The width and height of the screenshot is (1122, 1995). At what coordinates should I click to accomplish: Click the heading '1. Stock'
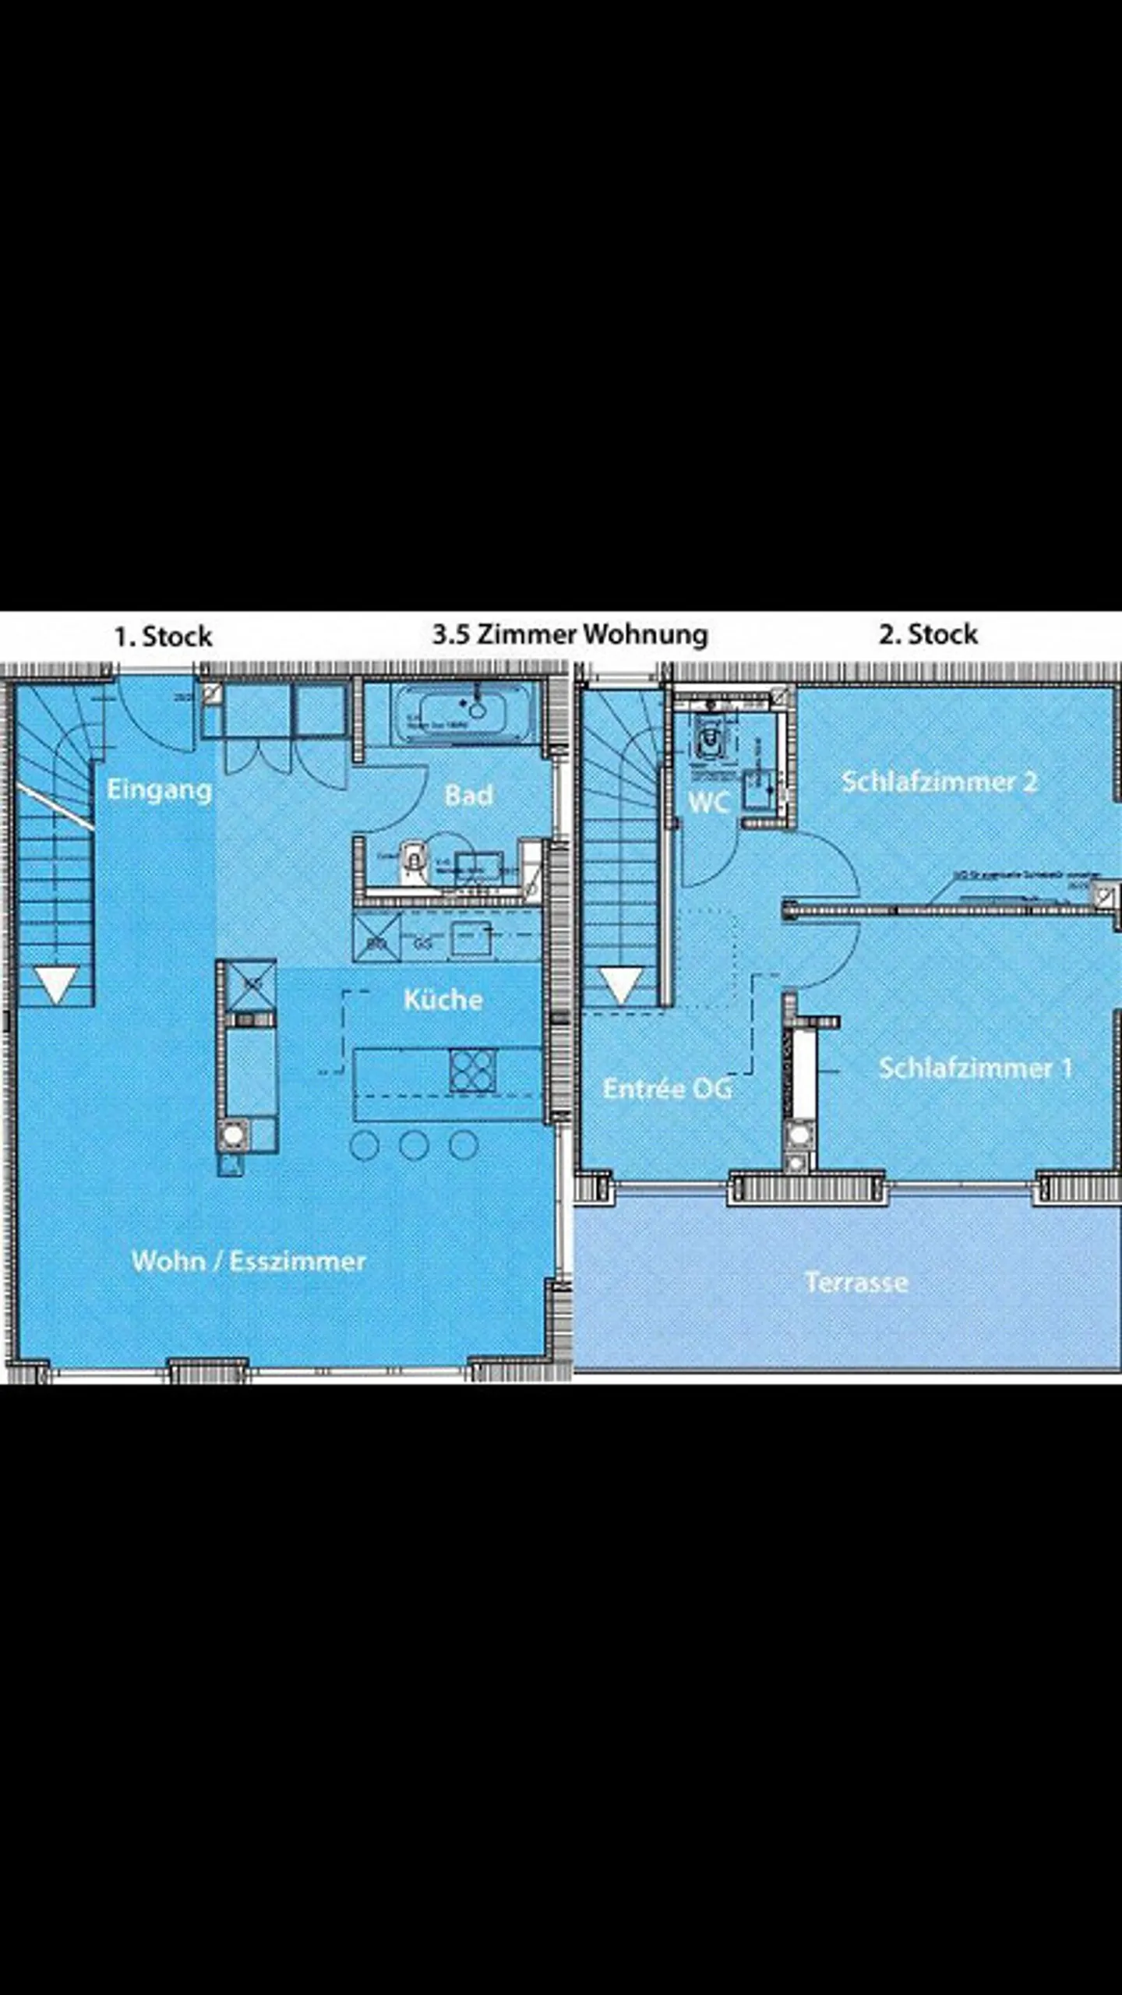coord(163,637)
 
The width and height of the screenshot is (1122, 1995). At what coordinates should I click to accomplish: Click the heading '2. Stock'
coord(928,634)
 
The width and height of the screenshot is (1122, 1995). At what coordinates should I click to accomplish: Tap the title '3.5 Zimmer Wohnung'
coord(570,634)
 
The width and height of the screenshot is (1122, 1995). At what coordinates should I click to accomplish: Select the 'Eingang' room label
coord(159,789)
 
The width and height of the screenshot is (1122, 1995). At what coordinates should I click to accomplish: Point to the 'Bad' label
coord(468,795)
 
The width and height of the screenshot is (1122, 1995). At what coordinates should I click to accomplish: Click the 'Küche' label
coord(443,999)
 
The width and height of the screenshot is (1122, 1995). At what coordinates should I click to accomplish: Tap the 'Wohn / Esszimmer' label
coord(249,1261)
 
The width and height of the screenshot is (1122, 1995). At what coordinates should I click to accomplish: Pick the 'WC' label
coord(708,802)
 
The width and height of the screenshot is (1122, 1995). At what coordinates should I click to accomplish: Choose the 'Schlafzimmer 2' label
coord(939,782)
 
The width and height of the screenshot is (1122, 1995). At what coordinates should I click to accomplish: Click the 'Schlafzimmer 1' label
coord(976,1068)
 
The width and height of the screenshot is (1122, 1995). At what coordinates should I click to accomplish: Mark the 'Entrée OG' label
coord(667,1088)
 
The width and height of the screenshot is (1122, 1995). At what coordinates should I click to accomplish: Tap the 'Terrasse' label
coord(856,1282)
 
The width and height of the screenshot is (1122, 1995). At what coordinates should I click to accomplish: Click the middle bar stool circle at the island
coord(413,1145)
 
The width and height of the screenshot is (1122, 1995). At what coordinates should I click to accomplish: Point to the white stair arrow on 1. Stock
coord(57,984)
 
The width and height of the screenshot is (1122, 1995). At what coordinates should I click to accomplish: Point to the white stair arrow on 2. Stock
coord(621,984)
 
